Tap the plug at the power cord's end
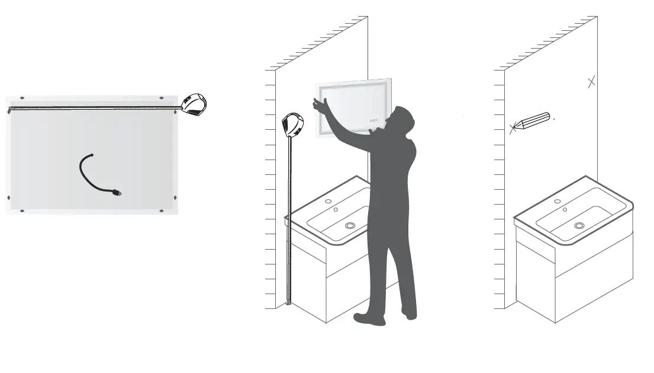[x=118, y=192]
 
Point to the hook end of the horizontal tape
[x=9, y=110]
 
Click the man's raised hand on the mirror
[x=320, y=104]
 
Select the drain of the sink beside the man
[x=350, y=225]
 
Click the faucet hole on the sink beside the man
[x=328, y=201]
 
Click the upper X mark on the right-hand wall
[x=591, y=82]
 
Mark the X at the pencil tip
[x=513, y=127]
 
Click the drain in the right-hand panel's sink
[x=578, y=225]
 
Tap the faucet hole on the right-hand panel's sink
[x=557, y=201]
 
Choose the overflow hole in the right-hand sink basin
[x=565, y=209]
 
